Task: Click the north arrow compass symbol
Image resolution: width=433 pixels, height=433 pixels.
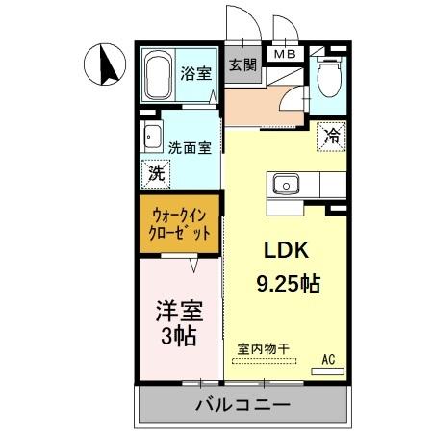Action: [106, 65]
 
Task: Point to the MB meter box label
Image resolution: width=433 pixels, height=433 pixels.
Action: [287, 55]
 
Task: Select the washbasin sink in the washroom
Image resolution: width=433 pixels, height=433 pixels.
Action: [151, 136]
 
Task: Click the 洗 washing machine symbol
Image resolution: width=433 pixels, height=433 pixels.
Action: [154, 173]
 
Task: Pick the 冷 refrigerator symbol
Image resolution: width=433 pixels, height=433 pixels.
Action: [331, 137]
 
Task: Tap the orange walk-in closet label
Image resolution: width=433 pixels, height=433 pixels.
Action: [179, 224]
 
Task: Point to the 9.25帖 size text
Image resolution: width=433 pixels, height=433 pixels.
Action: [288, 284]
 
